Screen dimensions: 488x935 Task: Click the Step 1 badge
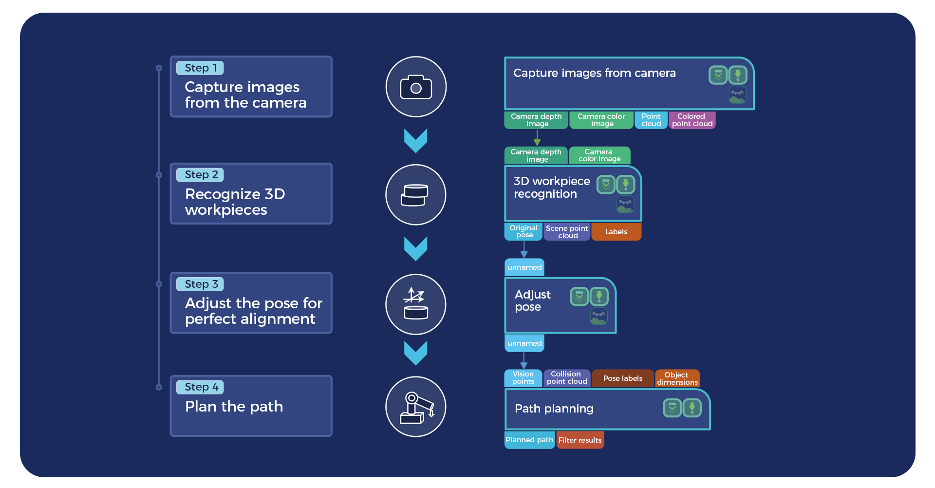click(x=200, y=68)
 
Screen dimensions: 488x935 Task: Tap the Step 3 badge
click(x=200, y=284)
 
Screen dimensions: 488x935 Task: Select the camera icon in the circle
click(x=416, y=87)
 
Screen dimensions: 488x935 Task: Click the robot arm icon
click(x=416, y=407)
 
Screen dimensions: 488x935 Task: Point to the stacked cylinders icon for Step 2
click(x=415, y=195)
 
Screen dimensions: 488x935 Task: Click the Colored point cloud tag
click(x=692, y=120)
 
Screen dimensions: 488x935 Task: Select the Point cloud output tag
click(x=651, y=120)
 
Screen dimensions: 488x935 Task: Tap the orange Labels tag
click(x=616, y=232)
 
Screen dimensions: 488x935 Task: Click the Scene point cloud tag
click(x=567, y=232)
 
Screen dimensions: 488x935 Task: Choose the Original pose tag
click(x=524, y=231)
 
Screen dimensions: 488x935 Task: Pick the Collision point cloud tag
click(x=567, y=378)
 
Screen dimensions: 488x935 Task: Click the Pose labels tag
click(x=623, y=378)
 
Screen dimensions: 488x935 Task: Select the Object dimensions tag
click(x=677, y=378)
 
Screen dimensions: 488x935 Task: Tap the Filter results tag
click(x=580, y=440)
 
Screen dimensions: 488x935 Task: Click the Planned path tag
click(x=529, y=440)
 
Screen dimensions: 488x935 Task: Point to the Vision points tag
click(x=523, y=378)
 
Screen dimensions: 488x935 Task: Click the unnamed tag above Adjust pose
click(x=524, y=267)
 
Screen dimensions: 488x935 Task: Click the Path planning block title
click(x=554, y=409)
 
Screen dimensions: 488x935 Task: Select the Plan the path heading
click(x=234, y=407)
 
